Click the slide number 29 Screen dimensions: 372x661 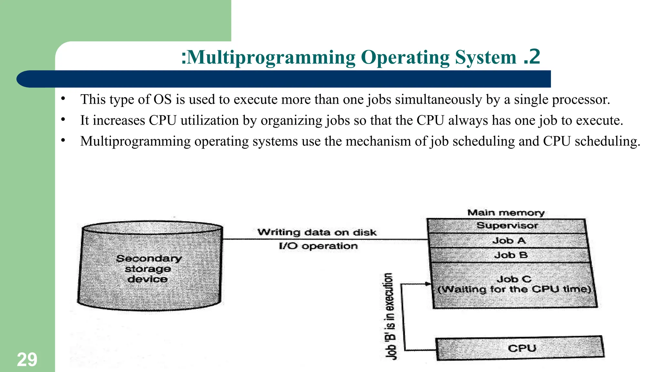27,359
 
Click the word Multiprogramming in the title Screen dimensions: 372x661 271,58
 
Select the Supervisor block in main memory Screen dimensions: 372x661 507,226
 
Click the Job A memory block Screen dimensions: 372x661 509,241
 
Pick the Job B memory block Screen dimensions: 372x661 510,255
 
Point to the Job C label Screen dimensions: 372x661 514,279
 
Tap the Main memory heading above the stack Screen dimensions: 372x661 506,213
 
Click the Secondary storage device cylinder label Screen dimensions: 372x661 148,269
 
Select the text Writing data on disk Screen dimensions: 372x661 317,232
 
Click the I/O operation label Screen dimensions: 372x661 318,246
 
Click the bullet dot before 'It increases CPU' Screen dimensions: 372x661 63,120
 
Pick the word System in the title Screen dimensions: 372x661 486,58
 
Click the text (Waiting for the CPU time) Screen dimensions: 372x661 514,289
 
